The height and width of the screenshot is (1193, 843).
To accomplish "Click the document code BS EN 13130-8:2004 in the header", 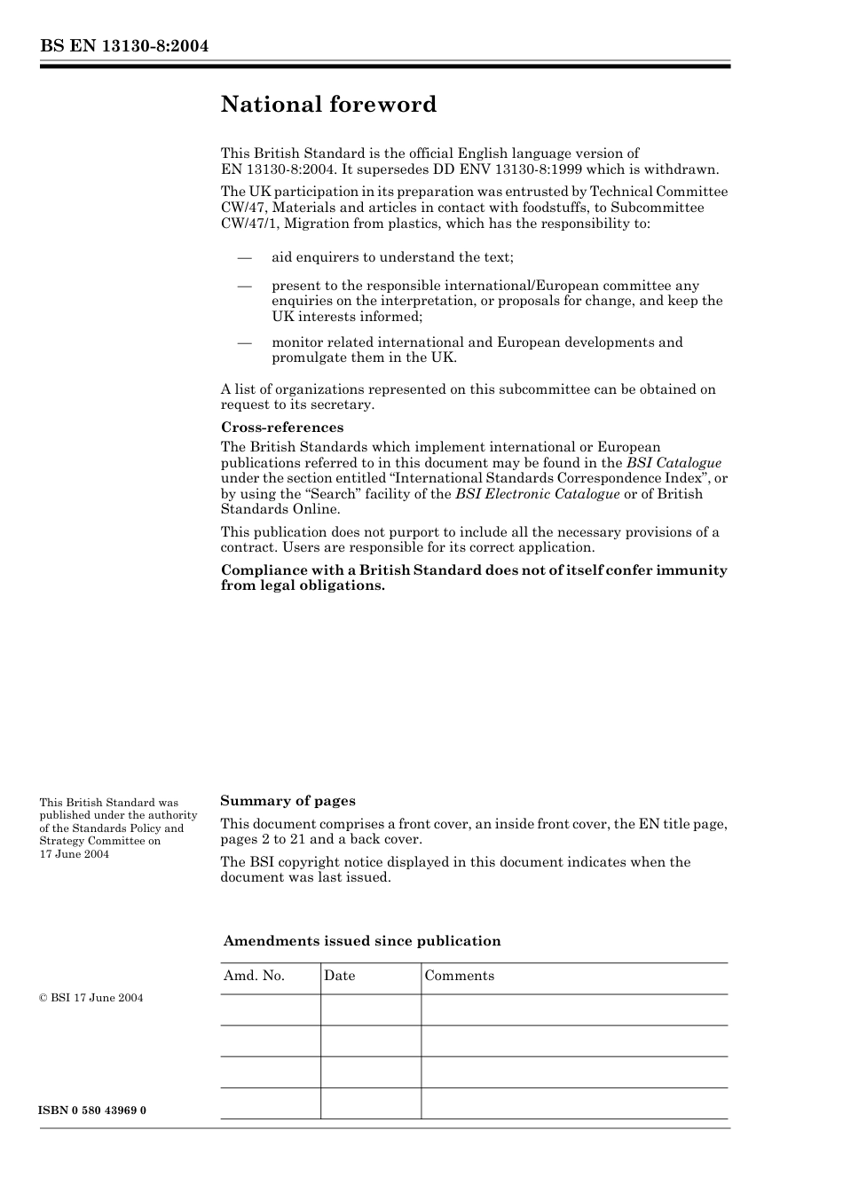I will pyautogui.click(x=123, y=47).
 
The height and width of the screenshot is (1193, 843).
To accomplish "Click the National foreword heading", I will pyautogui.click(x=328, y=105).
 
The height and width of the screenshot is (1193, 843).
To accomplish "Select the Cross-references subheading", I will pyautogui.click(x=282, y=428).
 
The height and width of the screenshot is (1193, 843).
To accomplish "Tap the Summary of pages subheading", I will pyautogui.click(x=288, y=801).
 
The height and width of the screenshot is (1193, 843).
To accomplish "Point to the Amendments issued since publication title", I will pyautogui.click(x=362, y=941).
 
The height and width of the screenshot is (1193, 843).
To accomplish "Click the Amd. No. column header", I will pyautogui.click(x=254, y=976).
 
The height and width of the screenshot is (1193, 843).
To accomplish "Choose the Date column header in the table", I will pyautogui.click(x=339, y=976).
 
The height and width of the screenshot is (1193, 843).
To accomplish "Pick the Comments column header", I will pyautogui.click(x=459, y=976).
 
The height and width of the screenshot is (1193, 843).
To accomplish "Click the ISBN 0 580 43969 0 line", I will pyautogui.click(x=93, y=1111).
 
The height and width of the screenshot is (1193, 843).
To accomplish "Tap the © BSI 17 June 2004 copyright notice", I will pyautogui.click(x=91, y=998).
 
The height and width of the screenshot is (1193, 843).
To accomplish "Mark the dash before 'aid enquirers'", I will pyautogui.click(x=244, y=257).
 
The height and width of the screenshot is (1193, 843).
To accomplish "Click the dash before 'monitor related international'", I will pyautogui.click(x=244, y=342).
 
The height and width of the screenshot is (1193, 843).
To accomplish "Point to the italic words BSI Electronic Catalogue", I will pyautogui.click(x=537, y=494).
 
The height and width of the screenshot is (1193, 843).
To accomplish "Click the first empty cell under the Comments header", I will pyautogui.click(x=573, y=1009).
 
